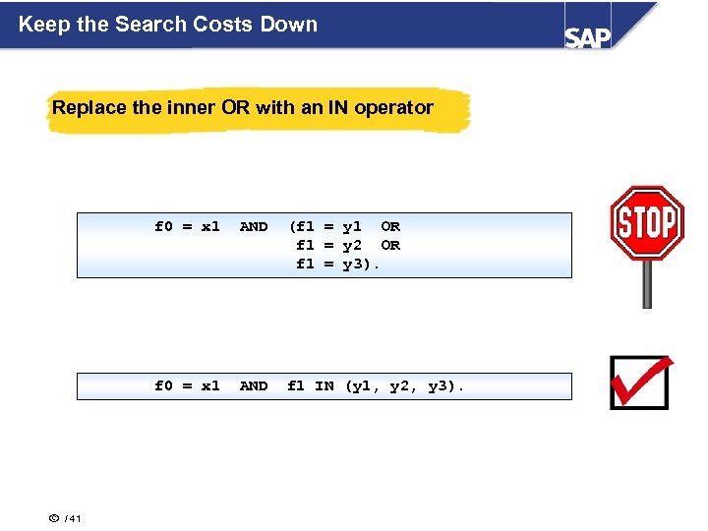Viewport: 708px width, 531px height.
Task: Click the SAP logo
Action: click(x=587, y=36)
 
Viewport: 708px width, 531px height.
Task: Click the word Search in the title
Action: click(x=147, y=24)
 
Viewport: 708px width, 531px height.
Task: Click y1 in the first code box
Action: click(x=351, y=226)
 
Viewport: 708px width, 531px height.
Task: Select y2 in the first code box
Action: click(x=351, y=245)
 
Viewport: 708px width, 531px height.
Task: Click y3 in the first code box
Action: click(x=351, y=264)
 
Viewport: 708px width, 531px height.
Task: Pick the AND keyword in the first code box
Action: click(x=254, y=226)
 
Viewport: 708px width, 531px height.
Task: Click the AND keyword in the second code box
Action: click(x=254, y=385)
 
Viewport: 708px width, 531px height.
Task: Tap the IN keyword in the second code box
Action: click(x=324, y=385)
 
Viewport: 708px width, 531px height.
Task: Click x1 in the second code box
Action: click(x=210, y=385)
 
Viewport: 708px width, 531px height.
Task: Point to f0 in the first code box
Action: click(x=163, y=226)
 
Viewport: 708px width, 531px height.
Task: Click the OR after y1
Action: click(x=390, y=226)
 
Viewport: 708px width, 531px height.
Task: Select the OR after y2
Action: click(x=390, y=245)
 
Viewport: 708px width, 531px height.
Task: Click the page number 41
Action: click(x=77, y=519)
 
